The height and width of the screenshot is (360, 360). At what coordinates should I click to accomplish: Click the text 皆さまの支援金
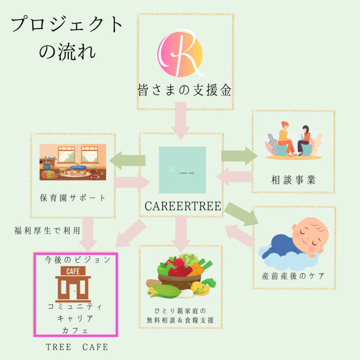pos(183,90)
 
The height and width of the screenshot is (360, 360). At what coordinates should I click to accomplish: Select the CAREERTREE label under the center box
pos(183,207)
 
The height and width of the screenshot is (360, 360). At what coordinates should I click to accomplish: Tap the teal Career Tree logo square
pos(182,169)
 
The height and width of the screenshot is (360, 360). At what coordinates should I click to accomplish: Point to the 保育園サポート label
pos(73,198)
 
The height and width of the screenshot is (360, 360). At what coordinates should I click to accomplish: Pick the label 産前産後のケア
pos(293,275)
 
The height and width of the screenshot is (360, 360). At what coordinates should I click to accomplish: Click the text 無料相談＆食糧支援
pos(181,320)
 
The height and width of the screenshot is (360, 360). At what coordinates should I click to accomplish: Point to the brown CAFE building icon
pos(73,283)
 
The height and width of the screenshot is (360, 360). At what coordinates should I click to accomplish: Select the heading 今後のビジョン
pos(74,260)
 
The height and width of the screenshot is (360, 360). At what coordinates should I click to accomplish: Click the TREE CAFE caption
pos(77,347)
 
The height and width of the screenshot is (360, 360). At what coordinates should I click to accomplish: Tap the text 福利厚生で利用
pos(47,230)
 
